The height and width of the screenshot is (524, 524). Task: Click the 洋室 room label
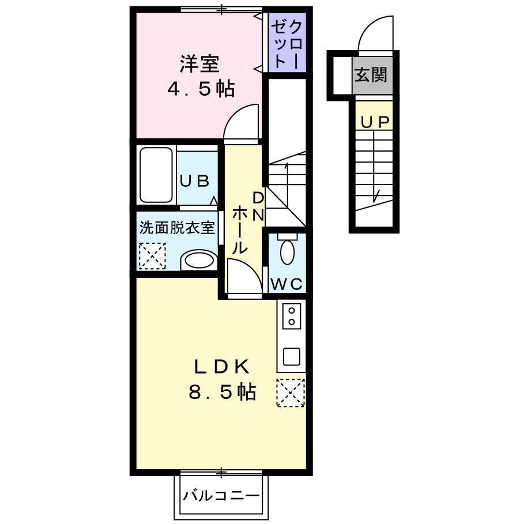[x=199, y=63]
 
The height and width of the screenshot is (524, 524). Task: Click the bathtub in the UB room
[x=157, y=175]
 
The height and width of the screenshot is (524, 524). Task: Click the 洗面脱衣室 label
[x=177, y=227]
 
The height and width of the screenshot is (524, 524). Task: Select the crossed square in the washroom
[x=152, y=256]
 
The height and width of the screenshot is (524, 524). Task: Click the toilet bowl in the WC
[x=286, y=252]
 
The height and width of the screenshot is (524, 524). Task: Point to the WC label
[x=286, y=284]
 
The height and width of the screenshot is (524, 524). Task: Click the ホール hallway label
[x=240, y=231]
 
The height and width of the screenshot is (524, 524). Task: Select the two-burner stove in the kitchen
[x=292, y=316]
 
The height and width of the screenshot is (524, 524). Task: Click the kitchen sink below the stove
[x=292, y=356]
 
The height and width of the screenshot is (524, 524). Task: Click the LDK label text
[x=221, y=367]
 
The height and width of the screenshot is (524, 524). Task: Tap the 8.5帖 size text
[x=221, y=393]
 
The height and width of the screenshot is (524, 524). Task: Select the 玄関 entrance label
[x=371, y=75]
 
